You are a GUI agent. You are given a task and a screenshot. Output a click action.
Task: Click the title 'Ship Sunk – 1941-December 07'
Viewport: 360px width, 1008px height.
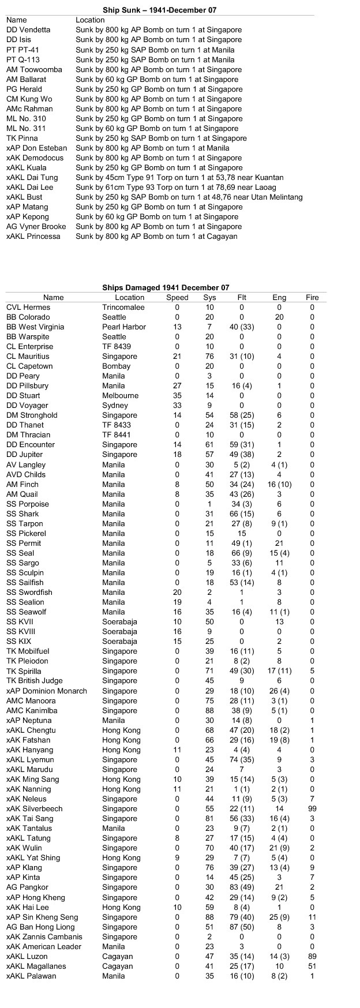point(160,10)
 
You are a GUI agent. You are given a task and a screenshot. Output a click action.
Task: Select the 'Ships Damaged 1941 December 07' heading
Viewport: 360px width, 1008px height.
point(166,287)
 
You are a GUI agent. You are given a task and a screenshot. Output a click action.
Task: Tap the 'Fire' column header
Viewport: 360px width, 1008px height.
point(312,298)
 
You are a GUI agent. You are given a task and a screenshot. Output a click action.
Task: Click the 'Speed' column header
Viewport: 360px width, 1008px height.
point(177,298)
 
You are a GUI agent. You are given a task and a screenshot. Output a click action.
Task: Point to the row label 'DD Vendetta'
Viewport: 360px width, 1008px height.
point(28,30)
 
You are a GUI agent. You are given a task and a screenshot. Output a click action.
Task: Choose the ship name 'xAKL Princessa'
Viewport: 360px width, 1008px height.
point(33,237)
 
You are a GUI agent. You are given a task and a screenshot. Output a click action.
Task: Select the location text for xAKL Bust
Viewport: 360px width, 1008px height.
point(189,197)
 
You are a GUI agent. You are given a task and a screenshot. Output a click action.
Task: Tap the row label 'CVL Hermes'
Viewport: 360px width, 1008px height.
point(28,308)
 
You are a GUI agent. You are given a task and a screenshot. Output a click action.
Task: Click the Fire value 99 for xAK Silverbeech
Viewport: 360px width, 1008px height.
point(312,809)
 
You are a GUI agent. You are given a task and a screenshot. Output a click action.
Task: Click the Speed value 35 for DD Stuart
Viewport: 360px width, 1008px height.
point(177,396)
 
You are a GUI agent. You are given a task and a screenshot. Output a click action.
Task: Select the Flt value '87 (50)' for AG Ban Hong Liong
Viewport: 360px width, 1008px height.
point(242,927)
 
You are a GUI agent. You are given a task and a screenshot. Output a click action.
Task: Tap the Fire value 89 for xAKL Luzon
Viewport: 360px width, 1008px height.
point(312,957)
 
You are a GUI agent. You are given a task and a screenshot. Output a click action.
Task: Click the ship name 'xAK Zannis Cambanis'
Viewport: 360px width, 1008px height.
point(44,937)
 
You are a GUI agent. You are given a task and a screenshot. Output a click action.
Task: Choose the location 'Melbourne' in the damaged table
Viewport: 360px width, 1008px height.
point(121,396)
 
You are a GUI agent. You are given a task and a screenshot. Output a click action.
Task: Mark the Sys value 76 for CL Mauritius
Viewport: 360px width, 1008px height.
point(209,357)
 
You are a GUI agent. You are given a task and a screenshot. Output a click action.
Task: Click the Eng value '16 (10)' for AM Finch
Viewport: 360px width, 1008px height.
point(279,485)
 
